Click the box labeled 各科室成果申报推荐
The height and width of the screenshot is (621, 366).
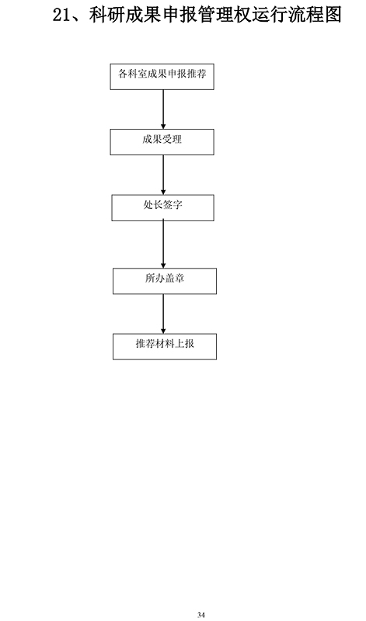[162, 76]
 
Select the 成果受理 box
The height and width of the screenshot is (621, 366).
[162, 142]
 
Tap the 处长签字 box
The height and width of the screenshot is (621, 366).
[162, 207]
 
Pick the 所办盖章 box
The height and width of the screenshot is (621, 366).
[165, 281]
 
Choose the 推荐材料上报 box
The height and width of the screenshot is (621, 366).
[165, 346]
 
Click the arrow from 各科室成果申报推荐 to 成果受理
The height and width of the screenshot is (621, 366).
[163, 109]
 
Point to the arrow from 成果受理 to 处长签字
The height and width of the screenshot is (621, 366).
[163, 175]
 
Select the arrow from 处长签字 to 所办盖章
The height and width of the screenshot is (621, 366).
[163, 245]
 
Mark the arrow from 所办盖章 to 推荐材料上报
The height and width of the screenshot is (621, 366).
[163, 314]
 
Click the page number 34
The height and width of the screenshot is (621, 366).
[201, 615]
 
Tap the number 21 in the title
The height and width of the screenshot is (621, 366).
[61, 16]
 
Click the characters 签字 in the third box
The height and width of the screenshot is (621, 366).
[173, 205]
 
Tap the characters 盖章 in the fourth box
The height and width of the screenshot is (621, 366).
[175, 279]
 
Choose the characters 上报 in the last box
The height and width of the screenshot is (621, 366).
[184, 344]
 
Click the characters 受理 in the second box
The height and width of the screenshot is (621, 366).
[172, 140]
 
